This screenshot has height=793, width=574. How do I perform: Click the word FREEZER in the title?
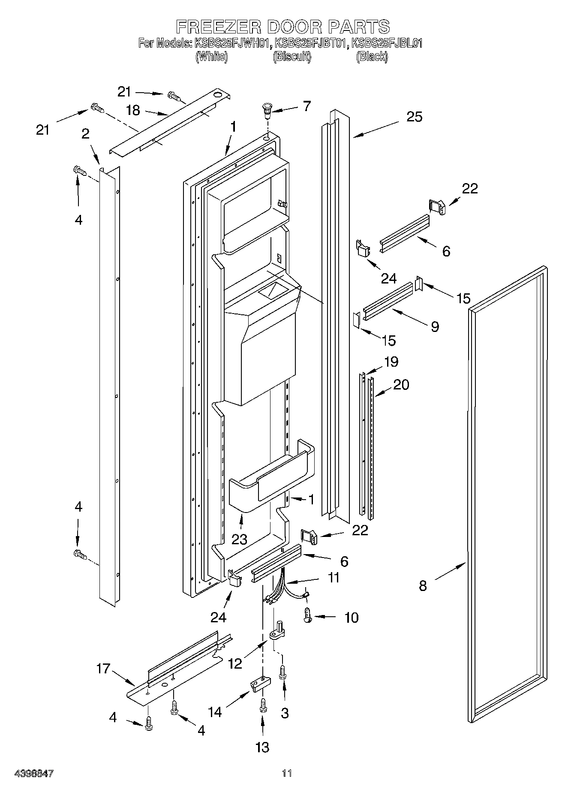click(219, 27)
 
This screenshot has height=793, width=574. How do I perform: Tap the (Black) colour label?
click(372, 56)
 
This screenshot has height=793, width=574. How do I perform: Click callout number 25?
click(415, 117)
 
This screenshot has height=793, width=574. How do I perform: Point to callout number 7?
click(307, 106)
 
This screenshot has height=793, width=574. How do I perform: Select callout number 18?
click(133, 110)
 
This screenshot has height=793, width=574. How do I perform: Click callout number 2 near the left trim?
click(85, 134)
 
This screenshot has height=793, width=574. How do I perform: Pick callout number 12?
click(235, 663)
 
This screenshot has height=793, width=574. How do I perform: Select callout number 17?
click(103, 668)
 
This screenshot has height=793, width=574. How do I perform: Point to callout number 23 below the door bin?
click(239, 539)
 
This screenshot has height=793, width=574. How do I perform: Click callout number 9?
click(435, 327)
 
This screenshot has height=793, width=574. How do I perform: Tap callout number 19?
click(391, 362)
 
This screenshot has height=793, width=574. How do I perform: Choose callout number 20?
click(401, 385)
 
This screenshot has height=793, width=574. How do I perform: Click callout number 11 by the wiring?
click(333, 577)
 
